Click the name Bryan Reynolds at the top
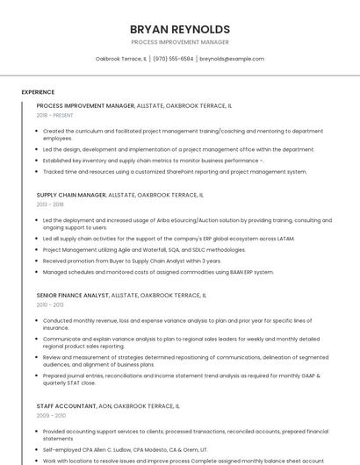(x=179, y=29)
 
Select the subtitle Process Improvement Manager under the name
(x=179, y=42)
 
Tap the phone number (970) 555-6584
(x=173, y=59)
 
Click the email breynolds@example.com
(x=231, y=59)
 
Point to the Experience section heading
(x=38, y=92)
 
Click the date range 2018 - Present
(x=54, y=116)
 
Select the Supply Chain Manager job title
(x=70, y=195)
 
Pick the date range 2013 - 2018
(x=50, y=204)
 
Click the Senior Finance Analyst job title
(x=72, y=296)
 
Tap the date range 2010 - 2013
(x=50, y=305)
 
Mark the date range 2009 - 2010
(x=50, y=416)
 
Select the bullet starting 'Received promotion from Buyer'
(x=132, y=261)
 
